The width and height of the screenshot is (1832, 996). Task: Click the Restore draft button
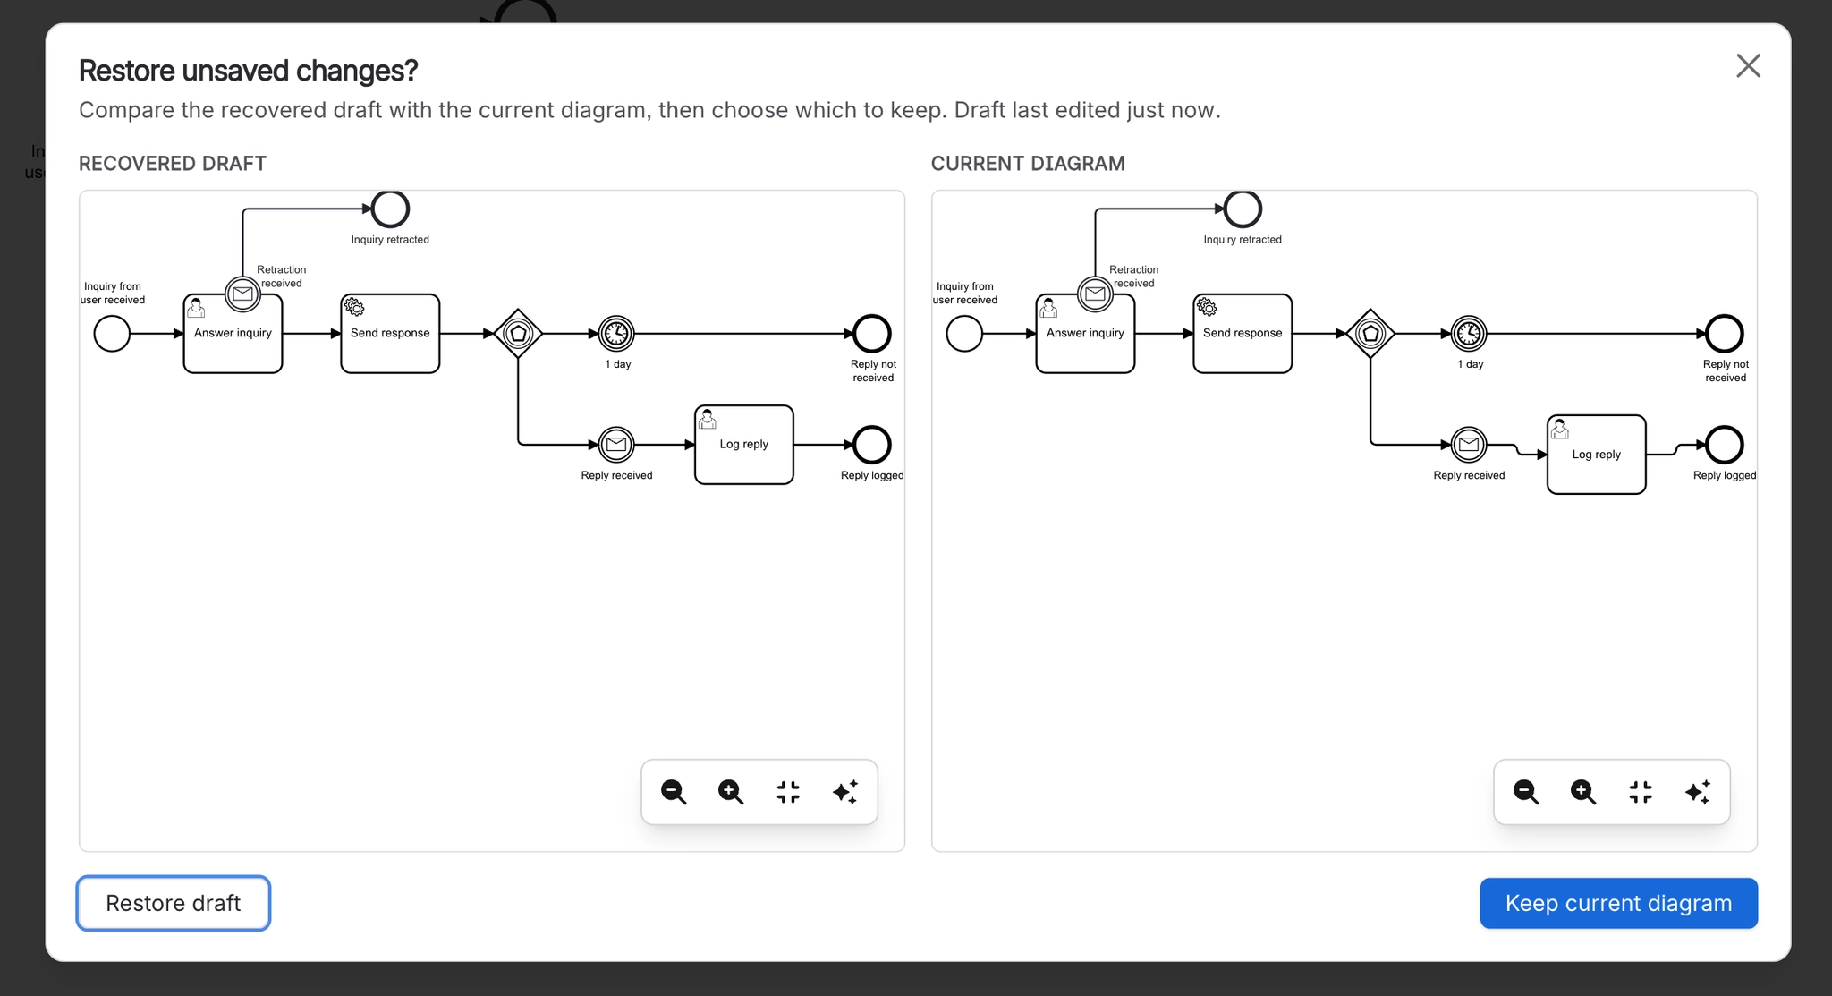click(x=174, y=903)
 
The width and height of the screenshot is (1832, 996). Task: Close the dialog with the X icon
click(x=1748, y=66)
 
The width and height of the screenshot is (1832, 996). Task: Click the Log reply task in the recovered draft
click(x=744, y=445)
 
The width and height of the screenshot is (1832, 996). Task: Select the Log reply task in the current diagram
click(x=1597, y=455)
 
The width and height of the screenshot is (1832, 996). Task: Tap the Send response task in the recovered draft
click(x=390, y=334)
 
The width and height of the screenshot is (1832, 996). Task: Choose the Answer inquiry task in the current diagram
click(x=1085, y=334)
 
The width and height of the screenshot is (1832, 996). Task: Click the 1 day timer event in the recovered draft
click(x=616, y=334)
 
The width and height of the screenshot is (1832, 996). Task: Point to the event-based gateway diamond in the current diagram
click(x=1370, y=334)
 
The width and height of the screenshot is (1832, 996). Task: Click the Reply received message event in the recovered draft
click(x=616, y=445)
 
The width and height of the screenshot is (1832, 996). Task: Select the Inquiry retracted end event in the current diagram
click(x=1243, y=209)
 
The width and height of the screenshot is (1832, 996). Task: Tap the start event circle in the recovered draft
click(x=112, y=334)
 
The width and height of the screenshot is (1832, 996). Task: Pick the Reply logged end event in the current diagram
click(x=1725, y=445)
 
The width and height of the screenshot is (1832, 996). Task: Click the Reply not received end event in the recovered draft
click(x=872, y=334)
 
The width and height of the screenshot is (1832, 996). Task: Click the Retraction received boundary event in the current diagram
click(x=1095, y=294)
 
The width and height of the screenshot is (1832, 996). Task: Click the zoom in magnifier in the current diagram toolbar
click(x=1583, y=792)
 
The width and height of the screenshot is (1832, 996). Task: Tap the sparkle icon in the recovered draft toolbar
click(x=845, y=792)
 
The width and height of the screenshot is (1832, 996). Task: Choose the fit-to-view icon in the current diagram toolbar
click(x=1641, y=792)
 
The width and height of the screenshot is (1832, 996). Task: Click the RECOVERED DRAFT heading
click(x=173, y=164)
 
